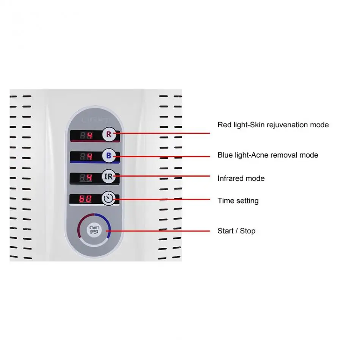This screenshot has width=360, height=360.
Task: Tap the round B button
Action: [108, 155]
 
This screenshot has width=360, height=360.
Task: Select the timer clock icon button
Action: [108, 198]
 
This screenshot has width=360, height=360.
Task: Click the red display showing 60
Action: [85, 199]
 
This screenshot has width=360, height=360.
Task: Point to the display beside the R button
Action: [85, 135]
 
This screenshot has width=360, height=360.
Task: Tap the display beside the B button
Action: [85, 156]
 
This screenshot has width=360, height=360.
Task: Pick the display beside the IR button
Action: [85, 177]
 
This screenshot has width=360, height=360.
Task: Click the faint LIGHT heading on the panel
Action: [95, 120]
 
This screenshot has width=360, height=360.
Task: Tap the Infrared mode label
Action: [241, 178]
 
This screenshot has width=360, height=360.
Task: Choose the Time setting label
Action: [238, 201]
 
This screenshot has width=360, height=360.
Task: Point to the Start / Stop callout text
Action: [236, 231]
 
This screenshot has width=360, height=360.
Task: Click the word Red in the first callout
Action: [224, 125]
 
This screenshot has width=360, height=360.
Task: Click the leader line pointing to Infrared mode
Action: [163, 176]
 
